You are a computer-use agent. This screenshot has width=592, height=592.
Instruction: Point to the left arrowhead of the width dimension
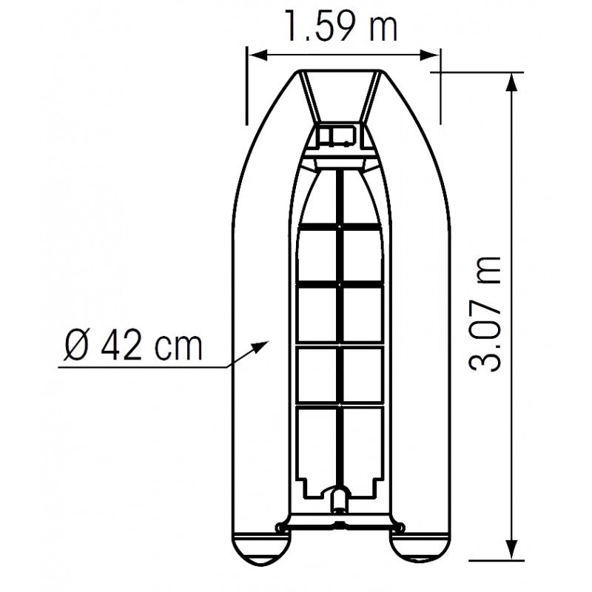click(x=252, y=55)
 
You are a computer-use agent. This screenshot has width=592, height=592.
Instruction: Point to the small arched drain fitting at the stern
click(x=339, y=497)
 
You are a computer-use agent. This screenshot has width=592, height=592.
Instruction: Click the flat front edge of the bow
click(x=340, y=73)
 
